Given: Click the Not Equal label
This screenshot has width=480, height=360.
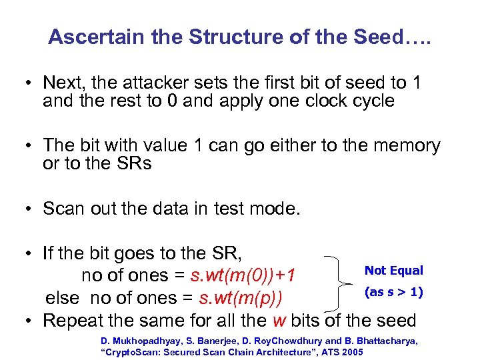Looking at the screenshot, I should [x=393, y=271].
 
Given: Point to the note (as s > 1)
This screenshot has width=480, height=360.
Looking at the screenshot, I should [x=394, y=292].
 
